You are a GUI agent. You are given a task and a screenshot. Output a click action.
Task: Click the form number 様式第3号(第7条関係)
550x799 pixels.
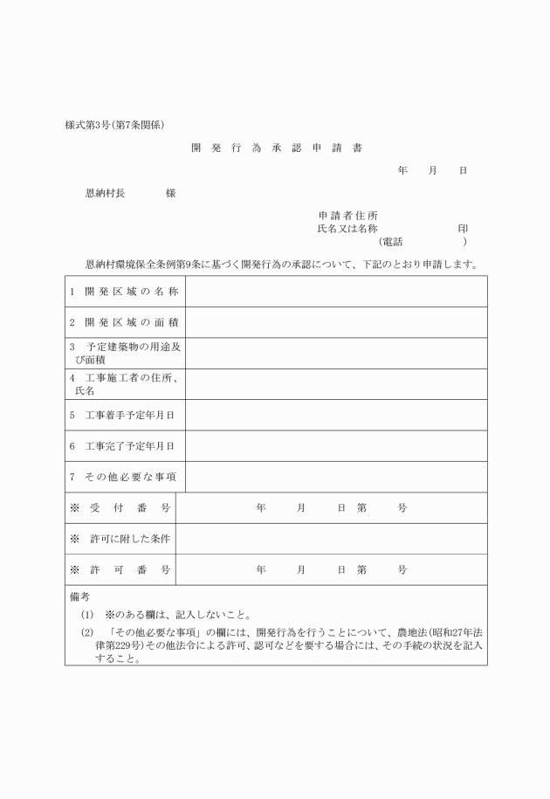[x=115, y=125]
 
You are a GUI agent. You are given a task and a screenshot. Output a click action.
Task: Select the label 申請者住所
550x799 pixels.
[x=347, y=215]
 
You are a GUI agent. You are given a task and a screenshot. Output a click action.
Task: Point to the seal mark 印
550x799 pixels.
[x=463, y=228]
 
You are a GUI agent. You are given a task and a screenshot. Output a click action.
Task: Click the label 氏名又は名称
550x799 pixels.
[x=347, y=228]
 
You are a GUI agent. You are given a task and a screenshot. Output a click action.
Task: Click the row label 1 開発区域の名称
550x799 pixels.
[x=124, y=291]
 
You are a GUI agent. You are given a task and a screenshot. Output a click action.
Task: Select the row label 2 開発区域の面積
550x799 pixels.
[x=124, y=322]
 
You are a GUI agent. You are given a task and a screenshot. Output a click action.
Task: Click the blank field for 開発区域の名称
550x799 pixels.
[x=336, y=291]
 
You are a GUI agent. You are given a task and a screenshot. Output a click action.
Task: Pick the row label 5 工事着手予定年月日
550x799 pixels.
[x=123, y=415]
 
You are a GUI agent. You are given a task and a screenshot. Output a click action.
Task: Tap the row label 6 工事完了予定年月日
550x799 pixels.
[x=123, y=445]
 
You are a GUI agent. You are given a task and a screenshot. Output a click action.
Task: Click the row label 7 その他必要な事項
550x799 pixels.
[x=124, y=477]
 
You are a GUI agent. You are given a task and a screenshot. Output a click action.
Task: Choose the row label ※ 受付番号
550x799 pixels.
[x=120, y=507]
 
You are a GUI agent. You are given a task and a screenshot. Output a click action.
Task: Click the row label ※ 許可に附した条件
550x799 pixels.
[x=120, y=539]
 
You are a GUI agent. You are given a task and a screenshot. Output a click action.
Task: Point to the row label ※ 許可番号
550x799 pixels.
[x=120, y=569]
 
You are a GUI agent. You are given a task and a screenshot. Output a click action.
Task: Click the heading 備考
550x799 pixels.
[x=79, y=597]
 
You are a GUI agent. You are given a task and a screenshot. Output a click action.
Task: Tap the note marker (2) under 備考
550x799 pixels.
[x=86, y=632]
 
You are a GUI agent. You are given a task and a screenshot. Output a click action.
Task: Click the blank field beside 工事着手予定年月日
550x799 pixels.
[x=336, y=415]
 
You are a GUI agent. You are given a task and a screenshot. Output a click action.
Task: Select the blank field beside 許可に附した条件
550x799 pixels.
[x=331, y=539]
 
